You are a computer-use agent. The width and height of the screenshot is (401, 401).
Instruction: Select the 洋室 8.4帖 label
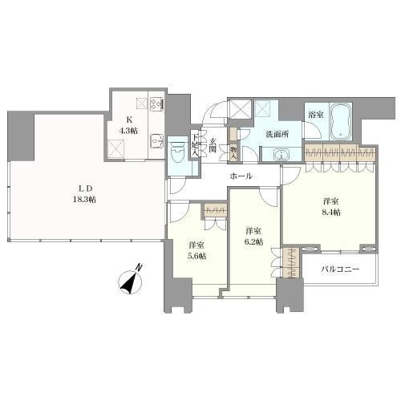pos(331,207)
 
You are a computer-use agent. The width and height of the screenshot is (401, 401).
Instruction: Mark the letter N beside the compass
pos(139,267)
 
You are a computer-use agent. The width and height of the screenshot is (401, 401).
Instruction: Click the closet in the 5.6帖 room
pos(214,211)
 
